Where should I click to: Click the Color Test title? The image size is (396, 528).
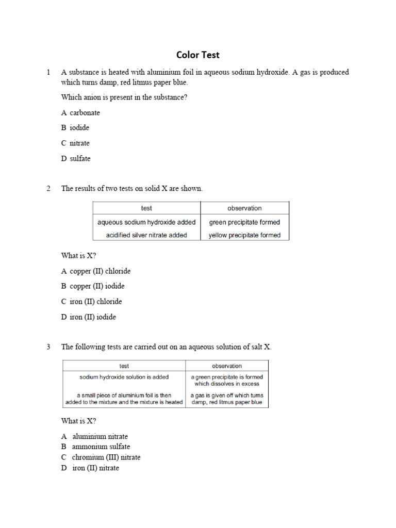[x=198, y=55]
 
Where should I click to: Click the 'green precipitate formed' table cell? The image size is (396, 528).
[x=244, y=222]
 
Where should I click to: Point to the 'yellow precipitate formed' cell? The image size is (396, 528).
[x=244, y=235]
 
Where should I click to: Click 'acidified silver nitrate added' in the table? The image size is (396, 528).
[x=146, y=235]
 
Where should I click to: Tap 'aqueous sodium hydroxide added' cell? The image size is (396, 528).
[x=146, y=222]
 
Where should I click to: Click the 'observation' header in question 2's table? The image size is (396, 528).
[x=244, y=208]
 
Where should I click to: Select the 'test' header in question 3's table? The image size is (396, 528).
[x=124, y=366]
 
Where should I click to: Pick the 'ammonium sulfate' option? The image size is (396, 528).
[x=101, y=447]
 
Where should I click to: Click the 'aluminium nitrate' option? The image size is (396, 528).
[x=100, y=436]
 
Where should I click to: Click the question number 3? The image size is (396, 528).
[x=48, y=347]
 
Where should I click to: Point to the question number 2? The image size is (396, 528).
[x=48, y=188]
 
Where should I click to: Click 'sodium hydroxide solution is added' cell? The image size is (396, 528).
[x=124, y=377]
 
